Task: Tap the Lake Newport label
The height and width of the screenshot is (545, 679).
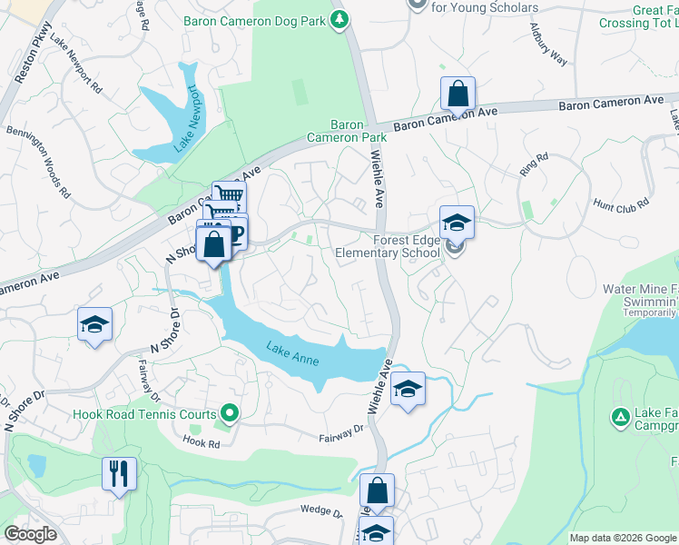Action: (193, 109)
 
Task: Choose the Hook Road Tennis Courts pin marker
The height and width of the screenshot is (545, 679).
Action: (229, 414)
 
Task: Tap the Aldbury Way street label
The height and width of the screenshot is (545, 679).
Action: (548, 43)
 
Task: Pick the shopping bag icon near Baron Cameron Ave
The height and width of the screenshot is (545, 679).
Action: (458, 94)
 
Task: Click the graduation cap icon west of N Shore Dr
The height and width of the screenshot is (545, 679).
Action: (94, 325)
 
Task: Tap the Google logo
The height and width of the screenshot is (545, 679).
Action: (30, 534)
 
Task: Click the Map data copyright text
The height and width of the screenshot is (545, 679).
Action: (622, 538)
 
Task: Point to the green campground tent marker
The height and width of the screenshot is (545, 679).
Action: (620, 417)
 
